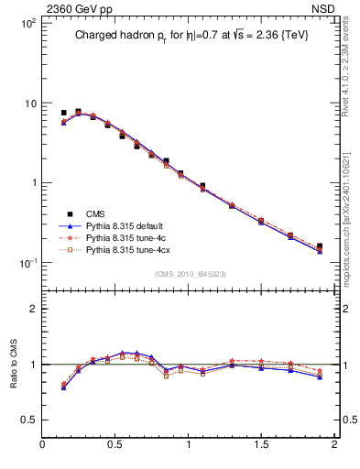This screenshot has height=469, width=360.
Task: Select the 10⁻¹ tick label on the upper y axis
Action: click(x=27, y=263)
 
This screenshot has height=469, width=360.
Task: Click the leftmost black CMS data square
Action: click(x=63, y=113)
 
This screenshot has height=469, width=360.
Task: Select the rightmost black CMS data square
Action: click(x=320, y=246)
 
